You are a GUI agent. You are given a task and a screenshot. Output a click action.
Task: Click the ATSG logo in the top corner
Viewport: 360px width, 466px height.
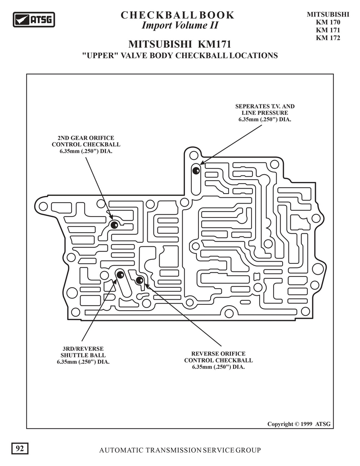point(34,20)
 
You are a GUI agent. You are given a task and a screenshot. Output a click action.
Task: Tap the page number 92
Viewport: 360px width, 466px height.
point(20,448)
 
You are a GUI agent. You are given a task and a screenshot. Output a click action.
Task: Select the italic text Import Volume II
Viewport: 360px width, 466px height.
point(180,25)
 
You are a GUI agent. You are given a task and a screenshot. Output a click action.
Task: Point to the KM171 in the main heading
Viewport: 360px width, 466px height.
point(214,44)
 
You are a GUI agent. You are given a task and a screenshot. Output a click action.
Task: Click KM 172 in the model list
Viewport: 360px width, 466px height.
point(328,38)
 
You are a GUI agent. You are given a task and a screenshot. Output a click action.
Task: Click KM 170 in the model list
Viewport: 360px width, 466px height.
point(328,23)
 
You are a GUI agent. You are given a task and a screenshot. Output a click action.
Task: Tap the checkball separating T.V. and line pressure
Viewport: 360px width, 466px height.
point(196,171)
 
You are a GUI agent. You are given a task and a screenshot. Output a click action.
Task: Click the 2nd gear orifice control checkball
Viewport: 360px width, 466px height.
point(114,225)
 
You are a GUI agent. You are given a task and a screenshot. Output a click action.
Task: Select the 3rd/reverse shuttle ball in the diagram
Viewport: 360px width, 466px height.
point(120,275)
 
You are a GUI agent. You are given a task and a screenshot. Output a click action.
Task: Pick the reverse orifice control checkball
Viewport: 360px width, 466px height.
point(139,280)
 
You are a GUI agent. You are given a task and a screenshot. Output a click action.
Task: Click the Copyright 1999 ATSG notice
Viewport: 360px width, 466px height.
point(299,424)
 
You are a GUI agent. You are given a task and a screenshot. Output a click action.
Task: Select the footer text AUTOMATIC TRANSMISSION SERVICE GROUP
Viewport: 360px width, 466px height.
point(180,450)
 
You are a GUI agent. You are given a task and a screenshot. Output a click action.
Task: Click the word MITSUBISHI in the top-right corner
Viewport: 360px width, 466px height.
point(328,14)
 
